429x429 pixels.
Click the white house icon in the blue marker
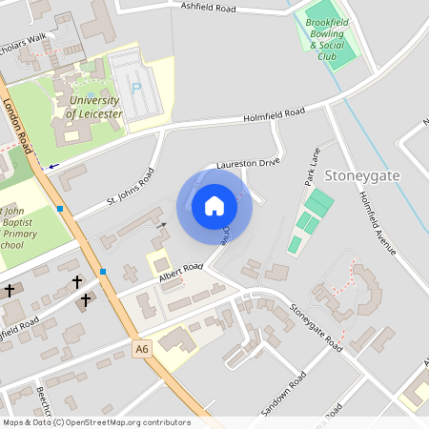click(214, 205)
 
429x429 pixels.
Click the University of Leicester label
click(93, 108)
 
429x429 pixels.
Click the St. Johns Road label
click(130, 191)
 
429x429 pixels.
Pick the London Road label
click(18, 125)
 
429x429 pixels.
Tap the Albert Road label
click(180, 273)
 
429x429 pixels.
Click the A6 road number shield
click(142, 350)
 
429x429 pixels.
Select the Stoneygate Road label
click(316, 326)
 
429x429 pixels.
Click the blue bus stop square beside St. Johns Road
click(60, 208)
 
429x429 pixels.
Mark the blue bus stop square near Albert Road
click(103, 272)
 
